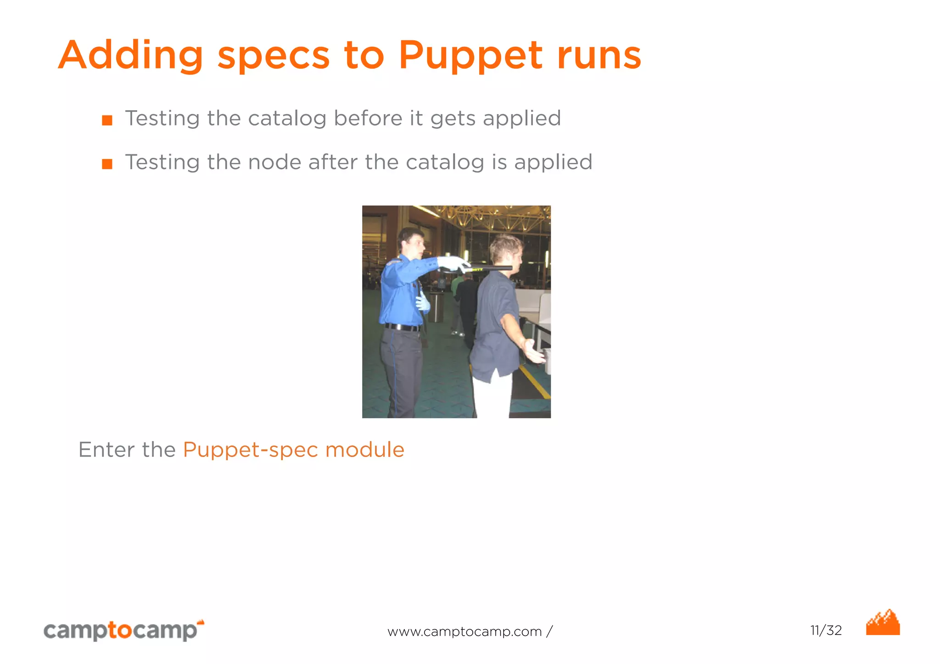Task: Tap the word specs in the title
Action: point(273,56)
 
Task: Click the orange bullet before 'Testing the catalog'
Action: point(107,120)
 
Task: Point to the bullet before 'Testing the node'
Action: point(107,164)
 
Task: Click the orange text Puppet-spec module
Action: point(294,450)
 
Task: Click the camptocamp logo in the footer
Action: point(123,630)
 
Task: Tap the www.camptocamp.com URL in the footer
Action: point(464,632)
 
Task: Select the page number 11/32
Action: point(826,631)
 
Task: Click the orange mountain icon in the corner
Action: point(883,623)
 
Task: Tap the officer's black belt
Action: point(402,327)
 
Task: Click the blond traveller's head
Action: point(506,251)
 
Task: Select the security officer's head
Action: point(411,242)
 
